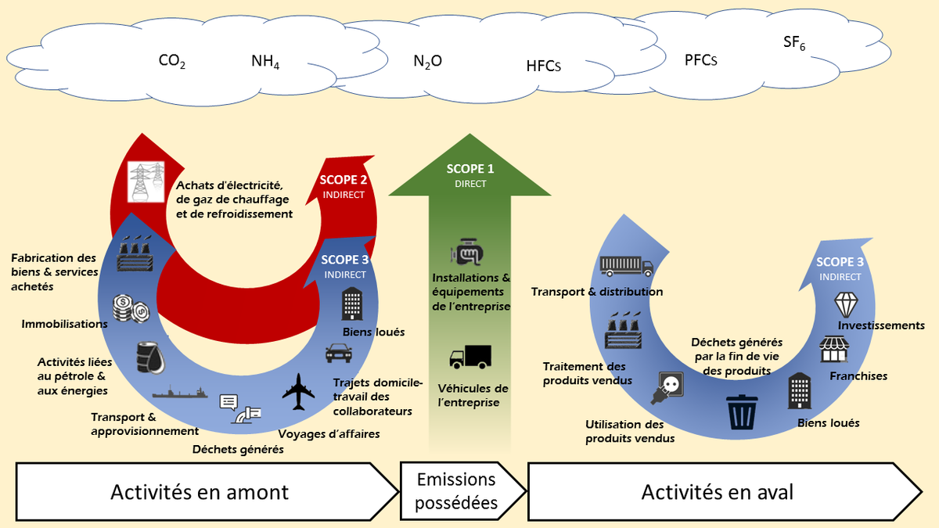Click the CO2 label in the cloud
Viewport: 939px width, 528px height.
171,61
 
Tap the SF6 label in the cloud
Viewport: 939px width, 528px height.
794,44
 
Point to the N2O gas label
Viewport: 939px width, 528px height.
427,61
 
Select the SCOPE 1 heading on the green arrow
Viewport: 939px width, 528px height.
470,169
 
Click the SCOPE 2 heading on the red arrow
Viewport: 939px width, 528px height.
344,181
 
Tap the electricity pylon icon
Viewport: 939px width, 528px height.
146,181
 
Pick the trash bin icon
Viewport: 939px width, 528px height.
742,411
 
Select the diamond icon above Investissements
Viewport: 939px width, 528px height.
847,304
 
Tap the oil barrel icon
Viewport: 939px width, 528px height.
150,357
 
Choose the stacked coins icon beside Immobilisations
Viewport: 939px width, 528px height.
126,307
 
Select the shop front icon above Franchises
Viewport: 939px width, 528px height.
833,349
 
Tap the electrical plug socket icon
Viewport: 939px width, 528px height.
667,389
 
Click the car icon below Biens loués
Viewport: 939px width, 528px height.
338,353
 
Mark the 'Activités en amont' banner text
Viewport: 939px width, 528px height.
200,492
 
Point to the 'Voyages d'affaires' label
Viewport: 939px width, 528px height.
329,433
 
